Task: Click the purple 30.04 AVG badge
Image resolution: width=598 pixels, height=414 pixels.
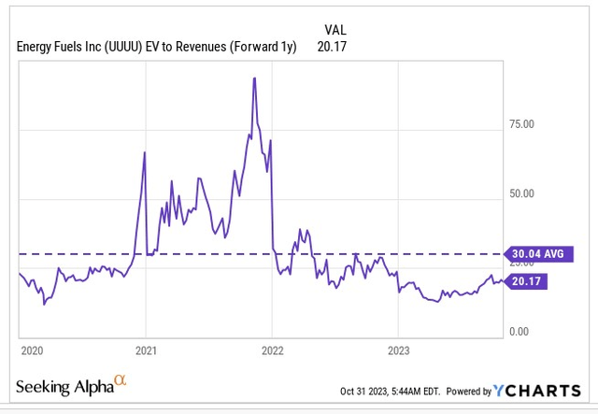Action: pyautogui.click(x=538, y=253)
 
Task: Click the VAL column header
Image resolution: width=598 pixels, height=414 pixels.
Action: pyautogui.click(x=335, y=30)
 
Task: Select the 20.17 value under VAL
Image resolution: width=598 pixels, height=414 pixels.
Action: pyautogui.click(x=335, y=46)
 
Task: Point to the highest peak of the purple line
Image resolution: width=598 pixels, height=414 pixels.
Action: pyautogui.click(x=254, y=79)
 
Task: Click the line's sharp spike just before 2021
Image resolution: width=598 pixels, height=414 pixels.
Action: pyautogui.click(x=144, y=152)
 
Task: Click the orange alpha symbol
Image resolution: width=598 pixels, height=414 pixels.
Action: pyautogui.click(x=119, y=381)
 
